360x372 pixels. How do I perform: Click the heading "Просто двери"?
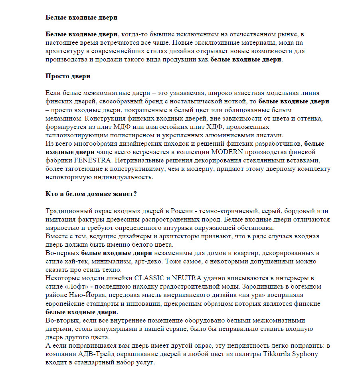tap(68, 76)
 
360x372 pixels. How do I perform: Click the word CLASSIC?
tap(149, 278)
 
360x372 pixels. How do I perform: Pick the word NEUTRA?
tap(187, 278)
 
